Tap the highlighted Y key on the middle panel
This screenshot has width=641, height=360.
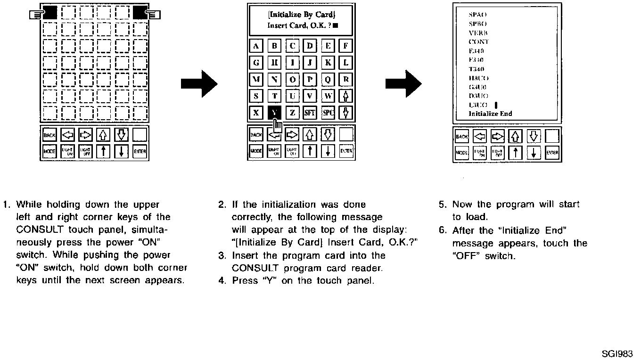tap(274, 112)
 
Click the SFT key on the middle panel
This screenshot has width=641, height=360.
tap(310, 113)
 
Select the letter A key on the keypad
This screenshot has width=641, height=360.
tap(256, 46)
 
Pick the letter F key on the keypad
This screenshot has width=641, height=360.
tap(346, 46)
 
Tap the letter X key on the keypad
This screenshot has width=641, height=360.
tap(256, 113)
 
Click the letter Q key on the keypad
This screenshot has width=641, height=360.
tap(328, 80)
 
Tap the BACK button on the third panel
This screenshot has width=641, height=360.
tap(461, 137)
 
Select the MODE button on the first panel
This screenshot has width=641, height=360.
tap(49, 152)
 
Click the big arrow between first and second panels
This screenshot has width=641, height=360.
tap(199, 85)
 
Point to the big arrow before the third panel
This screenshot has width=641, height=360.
tap(403, 85)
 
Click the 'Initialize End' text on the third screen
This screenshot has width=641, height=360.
tap(490, 114)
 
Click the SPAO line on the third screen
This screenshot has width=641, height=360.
tap(477, 15)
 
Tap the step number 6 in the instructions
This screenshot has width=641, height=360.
tap(442, 230)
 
